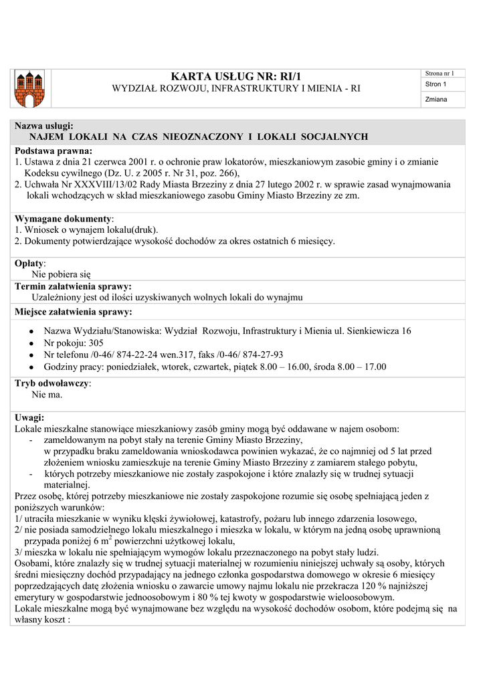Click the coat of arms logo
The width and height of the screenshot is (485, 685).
tap(29, 88)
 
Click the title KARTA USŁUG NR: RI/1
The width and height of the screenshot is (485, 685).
tap(236, 76)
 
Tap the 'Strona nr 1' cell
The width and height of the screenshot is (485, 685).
tap(440, 73)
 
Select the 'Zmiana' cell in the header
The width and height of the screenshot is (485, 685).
tap(435, 100)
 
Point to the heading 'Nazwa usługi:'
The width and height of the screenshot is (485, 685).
tap(44, 126)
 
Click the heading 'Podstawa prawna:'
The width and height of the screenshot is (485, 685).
tap(54, 151)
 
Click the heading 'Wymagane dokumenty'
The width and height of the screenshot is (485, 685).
tap(63, 219)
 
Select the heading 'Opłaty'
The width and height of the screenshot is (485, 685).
tap(29, 264)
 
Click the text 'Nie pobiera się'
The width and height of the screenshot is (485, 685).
tap(61, 274)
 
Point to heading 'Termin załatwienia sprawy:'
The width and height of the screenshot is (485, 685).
tap(73, 286)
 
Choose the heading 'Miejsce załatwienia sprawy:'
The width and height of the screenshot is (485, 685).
tap(73, 312)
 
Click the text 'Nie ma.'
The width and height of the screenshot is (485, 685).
tap(47, 395)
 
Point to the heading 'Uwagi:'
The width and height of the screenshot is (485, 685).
tap(29, 417)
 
